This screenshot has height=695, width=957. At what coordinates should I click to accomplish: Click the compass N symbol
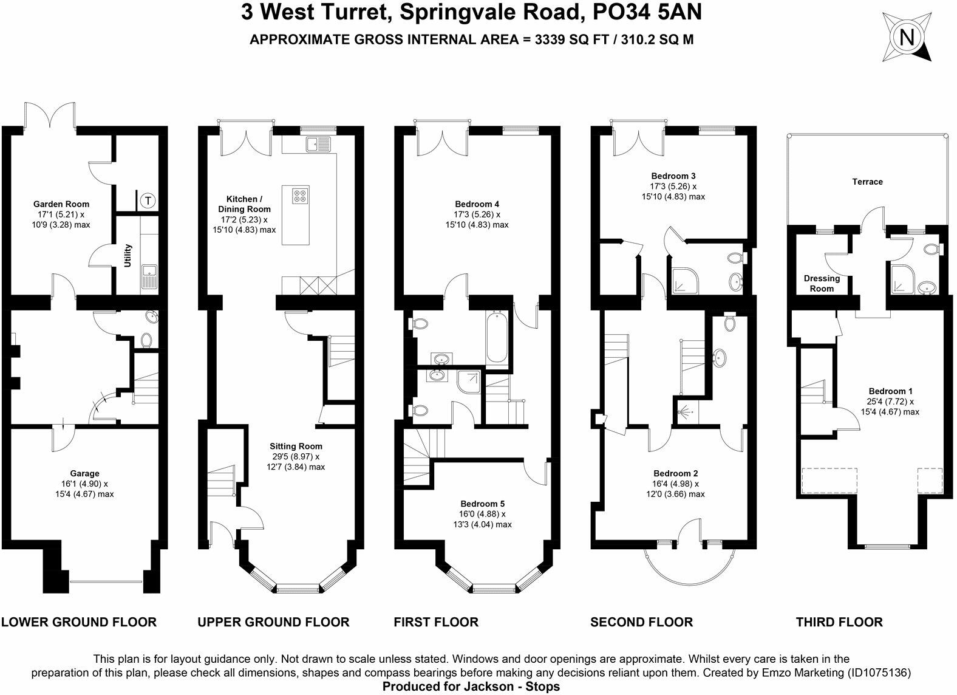tap(908, 38)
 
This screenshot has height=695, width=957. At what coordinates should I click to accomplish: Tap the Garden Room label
tap(61, 204)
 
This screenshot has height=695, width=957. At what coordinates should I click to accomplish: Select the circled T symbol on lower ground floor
tap(148, 200)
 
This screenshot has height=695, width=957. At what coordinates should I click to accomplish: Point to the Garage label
tap(84, 473)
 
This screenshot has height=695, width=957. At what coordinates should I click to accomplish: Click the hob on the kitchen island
tap(300, 195)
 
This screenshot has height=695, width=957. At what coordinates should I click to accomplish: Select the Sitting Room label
tap(296, 446)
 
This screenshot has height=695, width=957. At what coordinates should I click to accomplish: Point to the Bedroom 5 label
tap(482, 504)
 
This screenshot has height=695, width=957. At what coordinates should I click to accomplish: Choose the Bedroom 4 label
tap(477, 204)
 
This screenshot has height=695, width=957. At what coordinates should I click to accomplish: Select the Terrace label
tap(867, 182)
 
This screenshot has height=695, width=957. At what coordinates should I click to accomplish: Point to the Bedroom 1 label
tap(890, 391)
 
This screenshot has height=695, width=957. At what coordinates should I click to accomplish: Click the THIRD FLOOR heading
tap(839, 621)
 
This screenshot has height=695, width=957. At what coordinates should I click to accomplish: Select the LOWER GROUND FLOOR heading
tap(79, 621)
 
